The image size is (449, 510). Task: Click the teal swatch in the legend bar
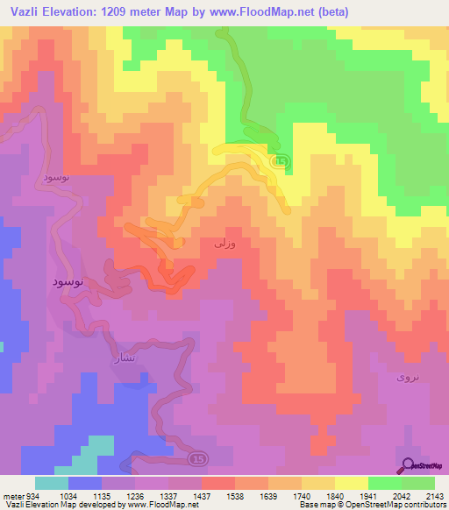click(x=52, y=483)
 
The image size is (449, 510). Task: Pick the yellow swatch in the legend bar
click(x=351, y=483)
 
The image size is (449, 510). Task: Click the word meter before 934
click(x=12, y=495)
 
